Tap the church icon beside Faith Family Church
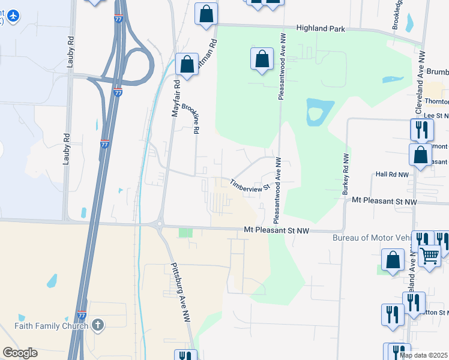98,326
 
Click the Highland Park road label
321,28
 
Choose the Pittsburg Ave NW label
181,293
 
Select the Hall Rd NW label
391,175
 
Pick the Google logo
20,353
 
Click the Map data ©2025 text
423,355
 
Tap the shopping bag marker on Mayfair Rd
187,64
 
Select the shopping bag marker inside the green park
262,59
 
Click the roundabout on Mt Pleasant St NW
159,226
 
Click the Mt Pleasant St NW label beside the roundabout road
277,230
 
